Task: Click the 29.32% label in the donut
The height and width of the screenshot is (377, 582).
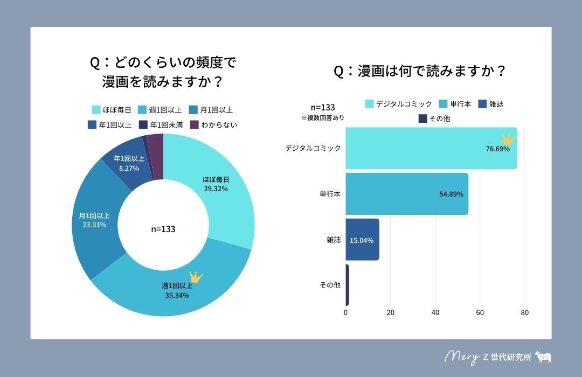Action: point(215,189)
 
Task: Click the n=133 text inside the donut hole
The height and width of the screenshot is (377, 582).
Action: point(163,229)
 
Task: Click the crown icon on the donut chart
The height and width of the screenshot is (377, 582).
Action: point(196,277)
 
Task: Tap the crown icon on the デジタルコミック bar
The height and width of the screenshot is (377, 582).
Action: point(508,139)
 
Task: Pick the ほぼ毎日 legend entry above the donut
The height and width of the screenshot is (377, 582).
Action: point(112,110)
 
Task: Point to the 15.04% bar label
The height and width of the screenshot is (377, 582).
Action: point(362,240)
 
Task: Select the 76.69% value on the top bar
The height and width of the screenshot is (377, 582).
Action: point(497,149)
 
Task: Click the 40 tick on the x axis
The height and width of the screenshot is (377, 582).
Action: point(435,312)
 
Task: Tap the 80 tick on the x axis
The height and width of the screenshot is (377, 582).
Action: point(525,312)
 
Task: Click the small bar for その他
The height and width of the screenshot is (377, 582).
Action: point(347,285)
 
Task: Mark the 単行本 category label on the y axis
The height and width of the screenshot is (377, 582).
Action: point(330,194)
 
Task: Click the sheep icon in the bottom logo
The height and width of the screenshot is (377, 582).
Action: point(543,357)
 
